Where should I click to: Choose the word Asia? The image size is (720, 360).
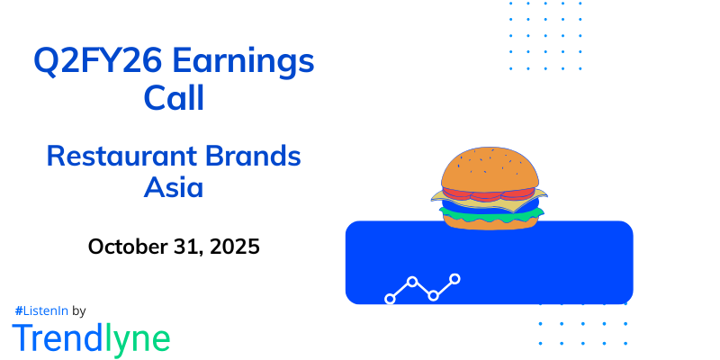click(x=174, y=189)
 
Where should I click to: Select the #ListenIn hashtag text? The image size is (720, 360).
click(x=41, y=310)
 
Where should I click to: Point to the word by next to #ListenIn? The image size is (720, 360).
click(x=78, y=310)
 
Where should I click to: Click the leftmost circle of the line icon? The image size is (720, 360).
click(x=390, y=298)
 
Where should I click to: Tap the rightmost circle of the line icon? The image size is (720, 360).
click(x=455, y=279)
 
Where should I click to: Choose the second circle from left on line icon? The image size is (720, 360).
click(x=412, y=282)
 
